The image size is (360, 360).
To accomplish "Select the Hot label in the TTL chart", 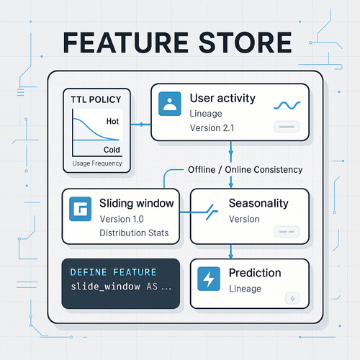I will (x=112, y=122).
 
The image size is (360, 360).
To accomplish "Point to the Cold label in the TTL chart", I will (x=112, y=150).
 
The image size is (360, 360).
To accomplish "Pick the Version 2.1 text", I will (x=214, y=128).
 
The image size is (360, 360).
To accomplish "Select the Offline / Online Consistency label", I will (x=245, y=169).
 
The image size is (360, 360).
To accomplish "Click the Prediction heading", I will (x=254, y=273).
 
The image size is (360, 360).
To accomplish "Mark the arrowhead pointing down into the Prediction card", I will (x=229, y=254).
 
